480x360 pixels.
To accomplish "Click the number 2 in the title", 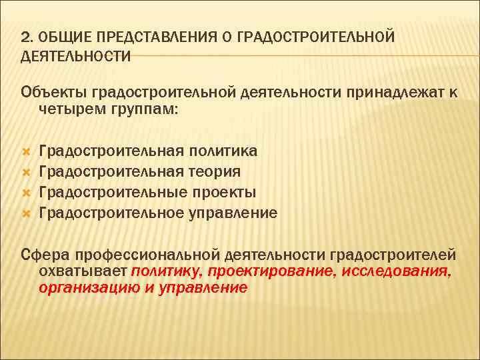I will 25,37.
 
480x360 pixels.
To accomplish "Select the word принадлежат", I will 395,91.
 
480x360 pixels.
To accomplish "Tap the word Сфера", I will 45,255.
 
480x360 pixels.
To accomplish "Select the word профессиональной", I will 146,255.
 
